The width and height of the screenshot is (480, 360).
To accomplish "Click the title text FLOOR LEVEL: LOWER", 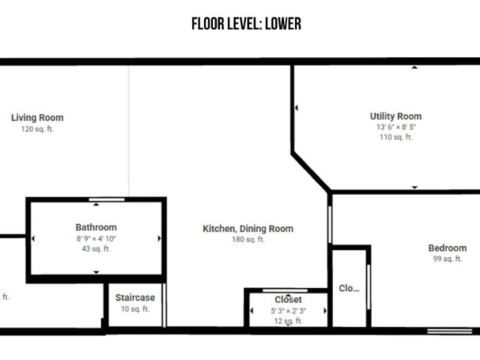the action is [247, 24].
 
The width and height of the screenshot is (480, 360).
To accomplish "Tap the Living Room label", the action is [37, 118].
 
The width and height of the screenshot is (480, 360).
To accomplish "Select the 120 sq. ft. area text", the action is [37, 129].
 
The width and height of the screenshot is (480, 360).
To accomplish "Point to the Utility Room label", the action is [396, 116].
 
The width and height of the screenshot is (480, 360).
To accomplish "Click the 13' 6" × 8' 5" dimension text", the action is [396, 127].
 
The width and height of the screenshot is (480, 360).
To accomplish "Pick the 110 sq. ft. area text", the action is [396, 136].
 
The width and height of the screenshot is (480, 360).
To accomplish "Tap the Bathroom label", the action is [96, 227].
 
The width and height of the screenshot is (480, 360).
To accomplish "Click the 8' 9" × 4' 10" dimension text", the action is [96, 238].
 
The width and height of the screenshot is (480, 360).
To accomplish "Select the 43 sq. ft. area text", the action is [96, 248].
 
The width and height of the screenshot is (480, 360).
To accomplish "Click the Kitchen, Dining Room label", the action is [248, 229].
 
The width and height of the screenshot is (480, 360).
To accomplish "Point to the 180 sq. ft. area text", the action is [248, 239].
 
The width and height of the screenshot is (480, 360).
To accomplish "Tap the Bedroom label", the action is [448, 248].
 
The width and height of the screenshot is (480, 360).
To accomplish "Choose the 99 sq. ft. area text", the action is [448, 259].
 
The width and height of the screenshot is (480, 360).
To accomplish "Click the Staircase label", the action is [135, 298].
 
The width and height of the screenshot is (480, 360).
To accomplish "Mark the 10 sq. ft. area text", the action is [135, 309].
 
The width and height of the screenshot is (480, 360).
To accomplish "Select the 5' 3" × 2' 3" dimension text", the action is [288, 310].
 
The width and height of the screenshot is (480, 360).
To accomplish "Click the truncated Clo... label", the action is [349, 288].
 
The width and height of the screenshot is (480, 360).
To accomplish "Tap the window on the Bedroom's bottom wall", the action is [450, 331].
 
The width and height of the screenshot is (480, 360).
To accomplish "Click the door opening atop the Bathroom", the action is [106, 199].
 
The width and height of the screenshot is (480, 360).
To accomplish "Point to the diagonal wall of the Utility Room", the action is [311, 172].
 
